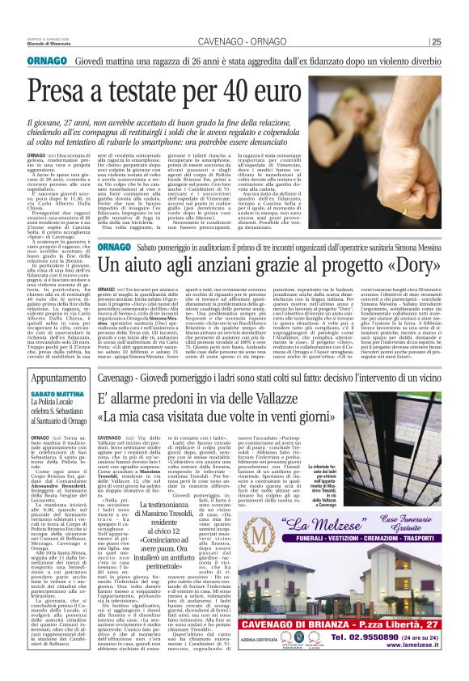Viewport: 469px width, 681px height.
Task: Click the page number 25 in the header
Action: pyautogui.click(x=458, y=43)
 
